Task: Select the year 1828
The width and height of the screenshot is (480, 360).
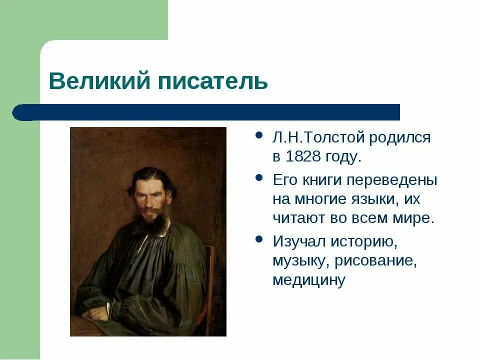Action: [302, 156]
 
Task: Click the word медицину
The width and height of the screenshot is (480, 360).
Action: [308, 280]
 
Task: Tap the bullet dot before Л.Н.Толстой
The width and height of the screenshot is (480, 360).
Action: [258, 136]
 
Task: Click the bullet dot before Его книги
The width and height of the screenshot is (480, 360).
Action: [258, 178]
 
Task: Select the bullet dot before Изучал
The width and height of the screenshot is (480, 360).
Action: [258, 240]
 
